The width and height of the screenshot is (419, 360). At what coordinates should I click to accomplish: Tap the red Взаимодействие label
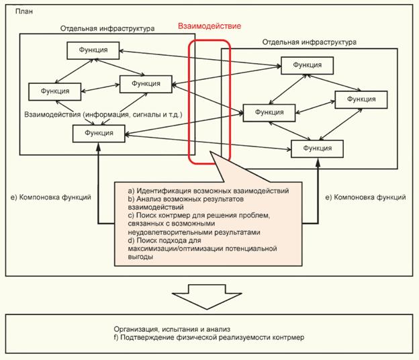[x=209, y=27]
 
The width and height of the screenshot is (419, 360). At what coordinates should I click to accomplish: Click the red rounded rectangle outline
[x=191, y=101]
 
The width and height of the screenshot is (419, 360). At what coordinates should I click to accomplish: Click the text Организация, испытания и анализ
[x=172, y=328]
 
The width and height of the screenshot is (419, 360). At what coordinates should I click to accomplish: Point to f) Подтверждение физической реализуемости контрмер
[x=209, y=337]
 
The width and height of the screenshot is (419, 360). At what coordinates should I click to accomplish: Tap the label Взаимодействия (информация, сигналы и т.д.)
[x=103, y=115]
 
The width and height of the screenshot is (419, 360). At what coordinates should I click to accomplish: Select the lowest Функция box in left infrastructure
[x=98, y=133]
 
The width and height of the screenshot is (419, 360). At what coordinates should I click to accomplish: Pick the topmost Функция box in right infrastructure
[x=306, y=65]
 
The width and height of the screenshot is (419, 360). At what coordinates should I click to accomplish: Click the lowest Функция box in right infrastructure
[x=317, y=148]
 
